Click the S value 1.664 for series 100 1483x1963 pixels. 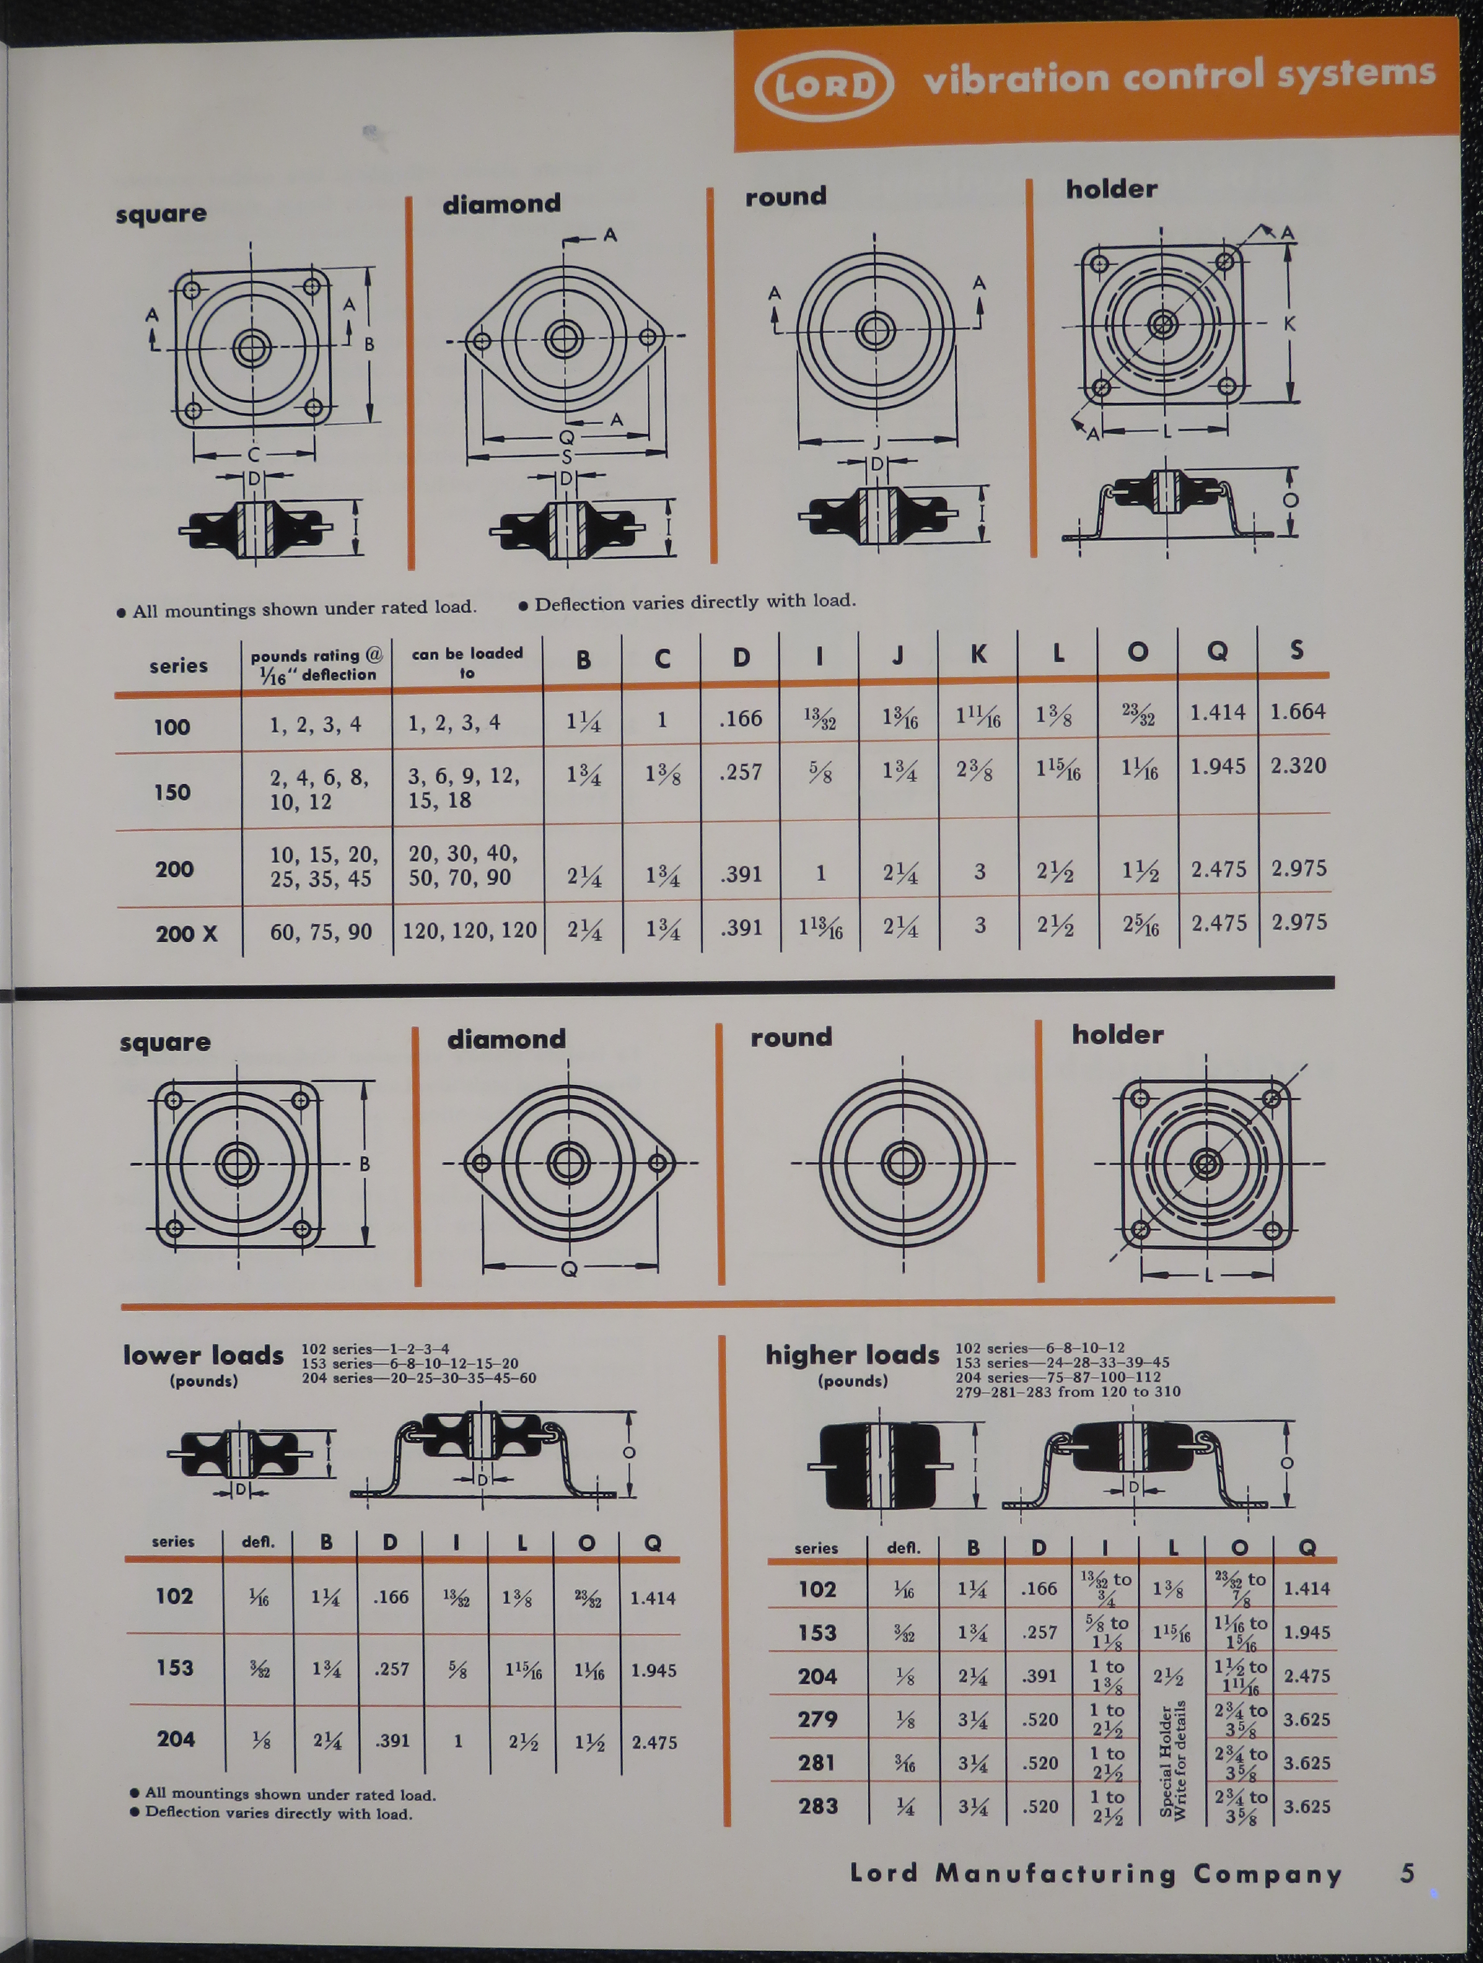(1297, 712)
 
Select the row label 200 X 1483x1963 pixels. (186, 934)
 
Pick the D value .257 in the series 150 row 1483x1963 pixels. (741, 772)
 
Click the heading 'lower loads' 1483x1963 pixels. (203, 1355)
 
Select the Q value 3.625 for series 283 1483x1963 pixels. (1306, 1806)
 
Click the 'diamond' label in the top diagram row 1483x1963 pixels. (501, 204)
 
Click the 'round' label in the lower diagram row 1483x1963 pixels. (791, 1037)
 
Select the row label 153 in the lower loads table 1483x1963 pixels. (175, 1667)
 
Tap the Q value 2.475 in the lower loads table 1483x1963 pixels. (654, 1742)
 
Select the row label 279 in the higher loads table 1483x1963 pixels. (817, 1719)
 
